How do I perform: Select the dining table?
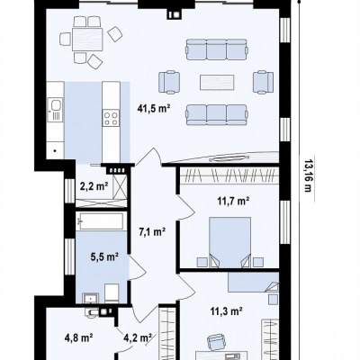[87, 40]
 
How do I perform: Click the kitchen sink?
[56, 105]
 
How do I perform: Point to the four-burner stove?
[111, 118]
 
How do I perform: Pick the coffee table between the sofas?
[217, 82]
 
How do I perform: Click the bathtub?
[100, 221]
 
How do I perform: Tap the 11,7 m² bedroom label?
[234, 201]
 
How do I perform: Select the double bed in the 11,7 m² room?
[229, 241]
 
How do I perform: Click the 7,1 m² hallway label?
[152, 232]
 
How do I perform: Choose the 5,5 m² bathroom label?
[104, 257]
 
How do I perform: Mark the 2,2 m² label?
[94, 186]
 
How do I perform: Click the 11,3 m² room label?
[226, 311]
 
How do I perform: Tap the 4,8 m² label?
[78, 338]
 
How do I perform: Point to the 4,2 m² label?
[138, 338]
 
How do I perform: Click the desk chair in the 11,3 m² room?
[217, 342]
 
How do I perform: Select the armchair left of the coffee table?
[169, 82]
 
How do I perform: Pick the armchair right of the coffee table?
[264, 82]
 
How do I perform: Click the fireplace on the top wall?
[175, 14]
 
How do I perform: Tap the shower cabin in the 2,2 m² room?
[121, 186]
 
